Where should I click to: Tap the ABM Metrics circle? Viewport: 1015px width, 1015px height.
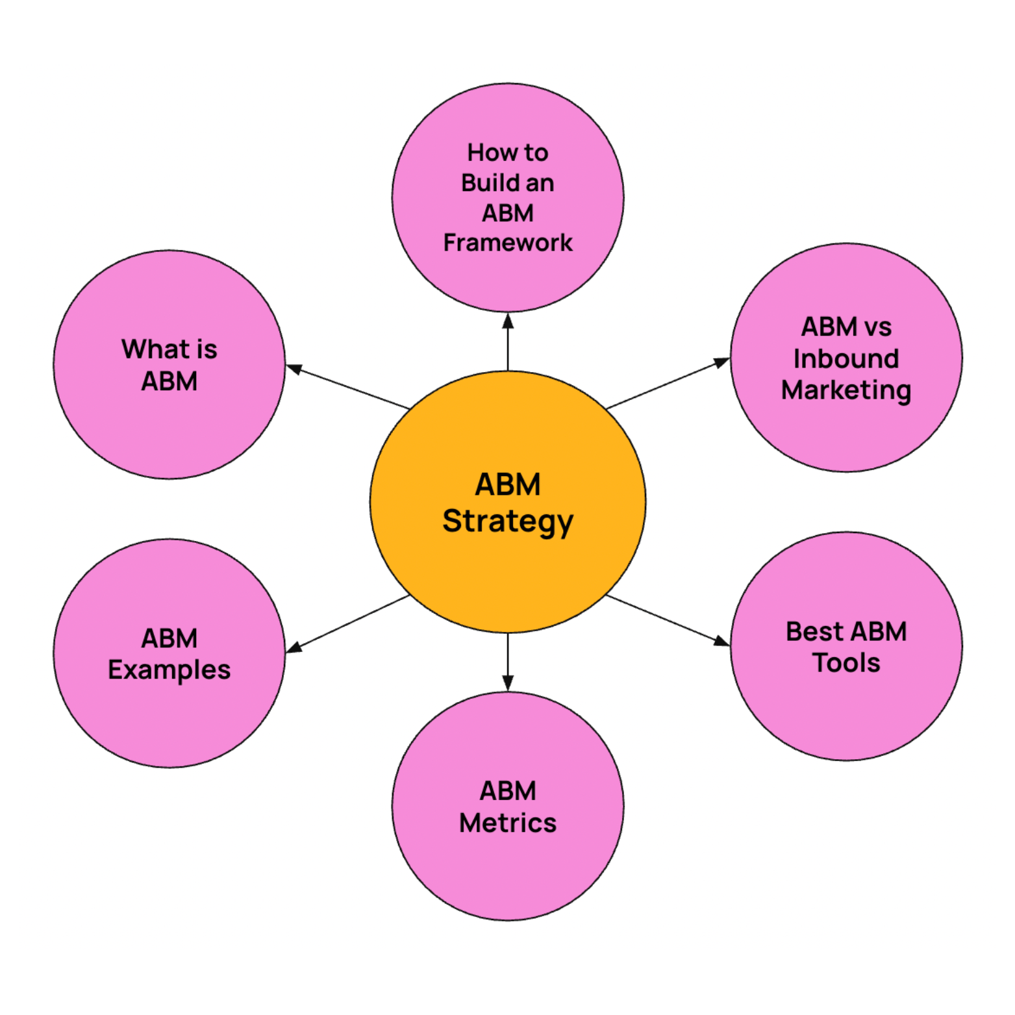(x=507, y=870)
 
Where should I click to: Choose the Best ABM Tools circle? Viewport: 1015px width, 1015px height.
(x=846, y=708)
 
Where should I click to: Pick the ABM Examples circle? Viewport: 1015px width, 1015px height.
(x=169, y=714)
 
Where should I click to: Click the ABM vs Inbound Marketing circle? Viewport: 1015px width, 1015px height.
(x=846, y=429)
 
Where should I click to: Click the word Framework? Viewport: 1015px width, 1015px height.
(x=507, y=243)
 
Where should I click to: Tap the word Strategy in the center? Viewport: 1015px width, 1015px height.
(x=507, y=521)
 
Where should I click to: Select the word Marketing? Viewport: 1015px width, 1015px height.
(x=846, y=390)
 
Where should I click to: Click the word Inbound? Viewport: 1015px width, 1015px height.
(x=846, y=358)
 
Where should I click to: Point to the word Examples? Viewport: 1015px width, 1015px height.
(x=169, y=670)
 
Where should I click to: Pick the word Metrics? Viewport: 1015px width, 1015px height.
(x=507, y=823)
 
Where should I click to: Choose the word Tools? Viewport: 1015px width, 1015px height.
(x=846, y=663)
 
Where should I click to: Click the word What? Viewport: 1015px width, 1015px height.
(x=149, y=349)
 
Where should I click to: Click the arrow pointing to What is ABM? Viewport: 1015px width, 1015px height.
(x=348, y=387)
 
